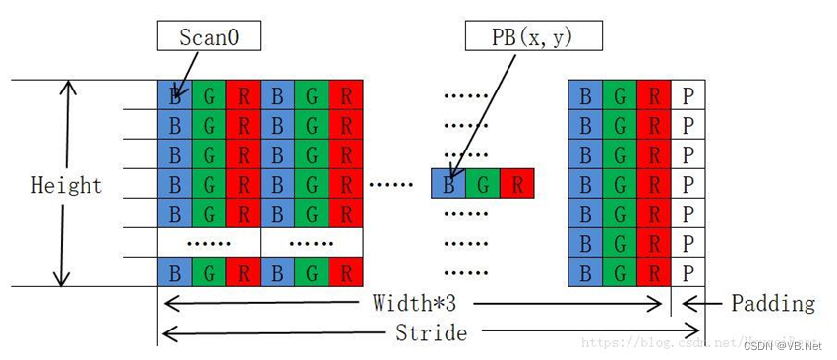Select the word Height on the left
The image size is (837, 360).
click(x=67, y=185)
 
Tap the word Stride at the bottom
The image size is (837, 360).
click(x=432, y=332)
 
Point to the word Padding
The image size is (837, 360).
click(x=773, y=303)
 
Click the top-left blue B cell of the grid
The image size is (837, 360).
click(x=175, y=95)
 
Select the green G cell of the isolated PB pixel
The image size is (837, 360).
click(x=483, y=183)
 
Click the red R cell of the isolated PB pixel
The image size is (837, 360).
click(x=517, y=183)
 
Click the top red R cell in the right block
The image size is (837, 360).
click(x=654, y=95)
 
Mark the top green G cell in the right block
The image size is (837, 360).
click(x=620, y=95)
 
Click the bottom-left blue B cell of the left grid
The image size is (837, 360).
click(x=175, y=271)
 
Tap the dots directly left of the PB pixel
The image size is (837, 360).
click(x=397, y=184)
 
